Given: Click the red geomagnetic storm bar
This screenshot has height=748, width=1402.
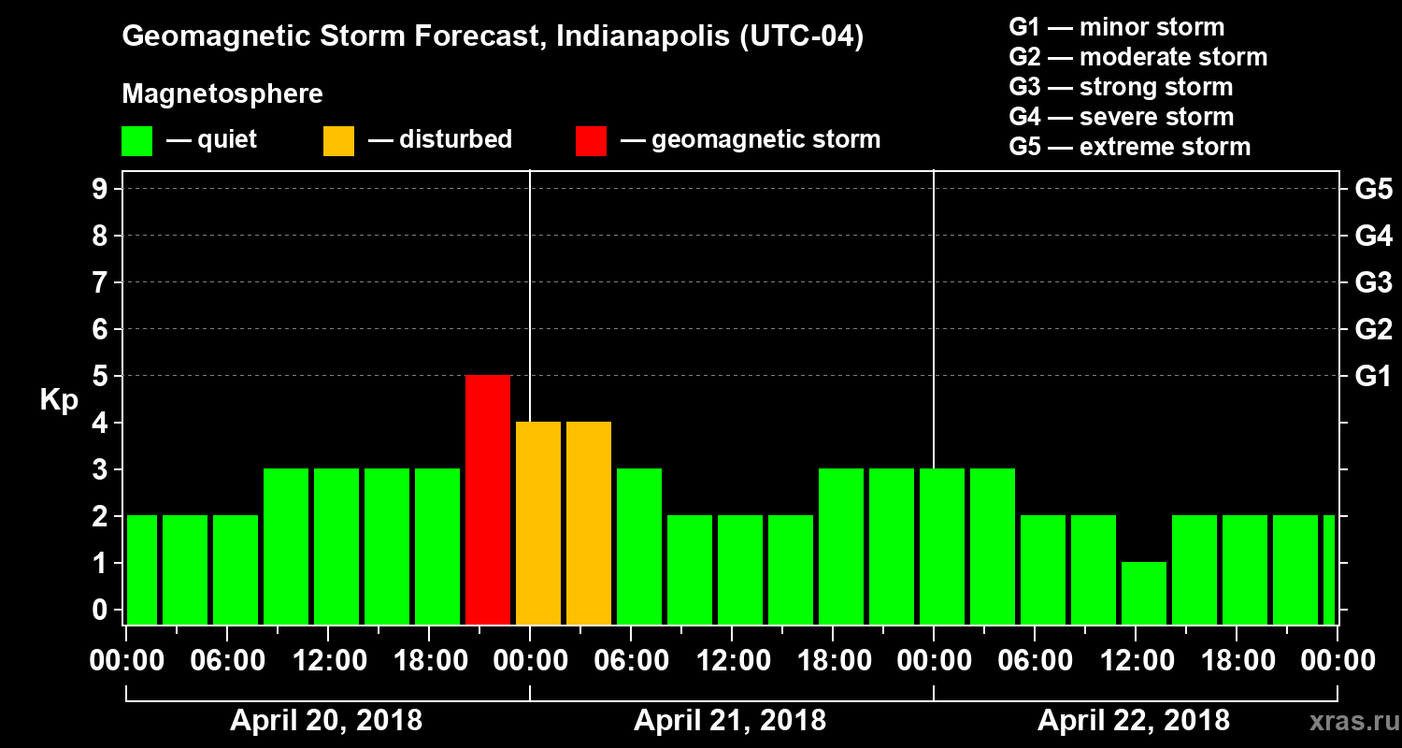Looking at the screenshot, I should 488,499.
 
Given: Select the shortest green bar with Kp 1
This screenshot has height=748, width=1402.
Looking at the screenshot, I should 1144,593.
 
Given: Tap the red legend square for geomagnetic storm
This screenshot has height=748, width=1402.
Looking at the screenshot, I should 591,140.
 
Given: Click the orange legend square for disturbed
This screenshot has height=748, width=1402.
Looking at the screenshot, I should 338,140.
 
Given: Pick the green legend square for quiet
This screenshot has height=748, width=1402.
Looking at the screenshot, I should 136,140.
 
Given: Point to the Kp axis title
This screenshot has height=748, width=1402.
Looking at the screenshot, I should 59,399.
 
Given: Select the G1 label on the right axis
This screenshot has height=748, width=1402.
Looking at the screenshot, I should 1373,376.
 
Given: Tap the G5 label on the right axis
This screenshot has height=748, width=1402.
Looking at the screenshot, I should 1373,189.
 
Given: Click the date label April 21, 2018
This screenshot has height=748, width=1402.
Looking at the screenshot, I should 730,721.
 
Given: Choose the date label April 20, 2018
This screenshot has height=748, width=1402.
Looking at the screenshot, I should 326,721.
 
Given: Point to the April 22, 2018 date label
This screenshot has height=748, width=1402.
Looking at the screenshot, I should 1134,721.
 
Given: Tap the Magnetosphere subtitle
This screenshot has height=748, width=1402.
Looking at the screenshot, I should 222,94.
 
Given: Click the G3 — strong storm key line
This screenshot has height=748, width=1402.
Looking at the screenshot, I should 1121,87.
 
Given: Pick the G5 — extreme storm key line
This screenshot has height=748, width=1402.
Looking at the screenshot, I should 1129,147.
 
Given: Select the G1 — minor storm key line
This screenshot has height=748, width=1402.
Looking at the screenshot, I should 1116,27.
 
